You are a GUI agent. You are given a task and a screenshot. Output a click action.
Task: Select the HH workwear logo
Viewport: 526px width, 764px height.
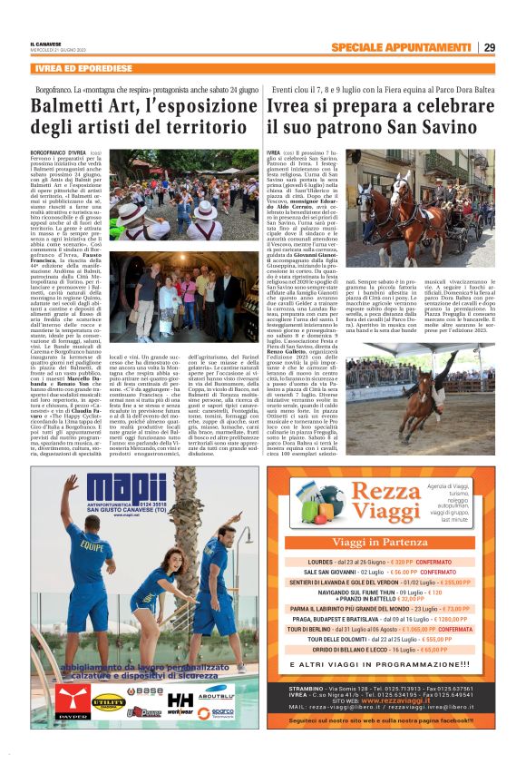click(x=180, y=703)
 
